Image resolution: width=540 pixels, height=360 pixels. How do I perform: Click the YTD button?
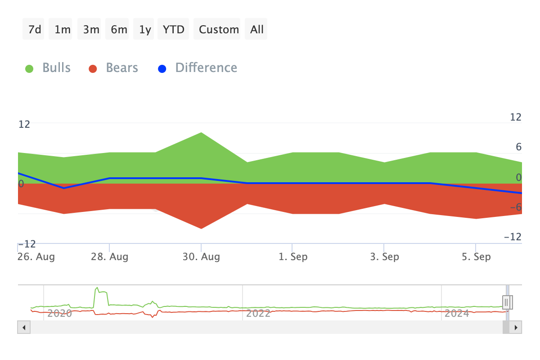(x=173, y=29)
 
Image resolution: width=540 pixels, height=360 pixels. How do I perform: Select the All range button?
(x=256, y=29)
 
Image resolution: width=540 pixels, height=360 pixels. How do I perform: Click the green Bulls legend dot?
(x=29, y=69)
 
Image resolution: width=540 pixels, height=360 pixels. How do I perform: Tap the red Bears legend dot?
(x=93, y=69)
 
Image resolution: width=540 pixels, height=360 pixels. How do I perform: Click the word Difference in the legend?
(x=206, y=68)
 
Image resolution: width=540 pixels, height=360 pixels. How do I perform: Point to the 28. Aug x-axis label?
(x=110, y=257)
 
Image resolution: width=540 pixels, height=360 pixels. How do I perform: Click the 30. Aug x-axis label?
(x=202, y=257)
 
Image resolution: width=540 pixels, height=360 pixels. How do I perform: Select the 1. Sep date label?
(x=293, y=257)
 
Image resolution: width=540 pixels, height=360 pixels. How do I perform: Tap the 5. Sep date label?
(x=476, y=257)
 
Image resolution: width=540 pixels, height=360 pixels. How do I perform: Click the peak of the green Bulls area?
(x=201, y=133)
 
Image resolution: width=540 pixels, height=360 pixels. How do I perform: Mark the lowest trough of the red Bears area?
(x=201, y=228)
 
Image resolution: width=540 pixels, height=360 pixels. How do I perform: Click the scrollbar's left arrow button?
(x=23, y=327)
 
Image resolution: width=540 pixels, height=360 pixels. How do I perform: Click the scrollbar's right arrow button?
(x=516, y=327)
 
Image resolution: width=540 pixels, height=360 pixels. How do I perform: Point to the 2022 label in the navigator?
(x=259, y=313)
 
